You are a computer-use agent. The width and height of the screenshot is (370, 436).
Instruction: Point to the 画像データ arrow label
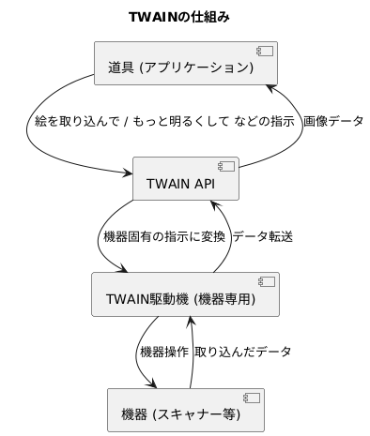(333, 121)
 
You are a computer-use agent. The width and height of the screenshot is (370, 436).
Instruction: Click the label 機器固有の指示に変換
(163, 236)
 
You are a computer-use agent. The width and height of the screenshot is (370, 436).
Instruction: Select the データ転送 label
(262, 236)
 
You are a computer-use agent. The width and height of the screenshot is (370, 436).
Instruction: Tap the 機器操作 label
(163, 352)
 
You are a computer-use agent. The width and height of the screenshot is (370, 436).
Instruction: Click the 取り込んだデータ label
(242, 352)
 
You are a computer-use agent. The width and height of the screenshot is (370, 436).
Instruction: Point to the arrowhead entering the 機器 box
(150, 383)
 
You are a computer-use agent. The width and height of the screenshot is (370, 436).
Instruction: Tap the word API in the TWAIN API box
(205, 184)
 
